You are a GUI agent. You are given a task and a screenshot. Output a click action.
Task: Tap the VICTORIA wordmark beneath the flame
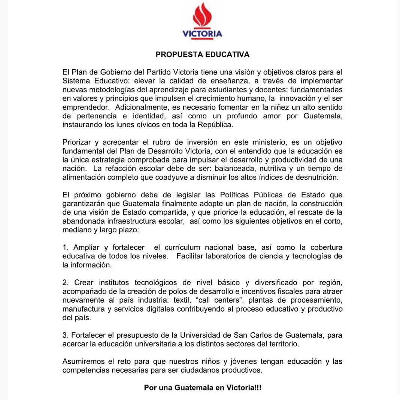click(x=202, y=34)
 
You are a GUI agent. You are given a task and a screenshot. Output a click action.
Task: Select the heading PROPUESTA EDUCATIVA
click(x=202, y=55)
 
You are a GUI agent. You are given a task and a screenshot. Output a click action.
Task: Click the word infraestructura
click(x=136, y=221)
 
